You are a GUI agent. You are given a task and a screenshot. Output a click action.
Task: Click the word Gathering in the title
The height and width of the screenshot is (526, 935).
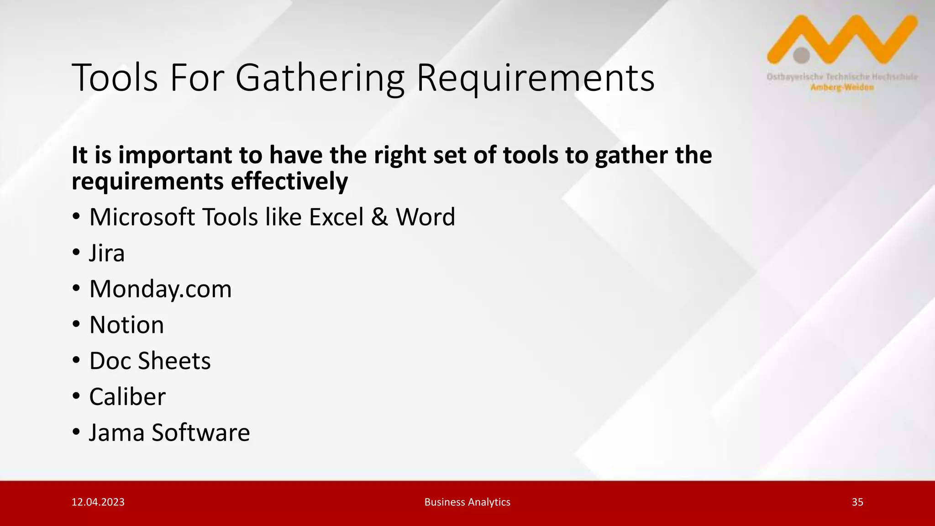coord(320,79)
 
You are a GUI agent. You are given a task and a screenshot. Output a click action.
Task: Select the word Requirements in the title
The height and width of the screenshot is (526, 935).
coord(535,79)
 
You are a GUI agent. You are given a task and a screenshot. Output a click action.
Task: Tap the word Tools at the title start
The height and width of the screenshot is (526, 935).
coord(115,79)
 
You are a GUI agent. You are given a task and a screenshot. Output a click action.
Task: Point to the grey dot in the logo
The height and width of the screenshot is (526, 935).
coord(801,55)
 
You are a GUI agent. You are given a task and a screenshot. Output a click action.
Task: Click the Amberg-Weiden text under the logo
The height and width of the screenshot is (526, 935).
coord(842,87)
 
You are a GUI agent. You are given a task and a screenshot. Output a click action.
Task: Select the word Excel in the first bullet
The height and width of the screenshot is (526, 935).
coord(336,217)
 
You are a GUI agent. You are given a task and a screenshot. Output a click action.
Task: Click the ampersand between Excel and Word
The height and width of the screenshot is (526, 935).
coord(379,217)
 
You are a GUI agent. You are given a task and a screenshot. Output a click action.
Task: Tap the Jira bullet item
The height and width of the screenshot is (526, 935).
coord(106,253)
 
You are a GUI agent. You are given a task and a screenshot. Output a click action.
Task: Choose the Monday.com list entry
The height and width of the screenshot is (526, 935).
coord(160,289)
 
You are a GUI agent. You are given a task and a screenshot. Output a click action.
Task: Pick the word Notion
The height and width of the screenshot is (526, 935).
coord(126,325)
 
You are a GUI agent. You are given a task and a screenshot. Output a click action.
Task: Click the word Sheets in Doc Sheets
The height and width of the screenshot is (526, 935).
coord(174,361)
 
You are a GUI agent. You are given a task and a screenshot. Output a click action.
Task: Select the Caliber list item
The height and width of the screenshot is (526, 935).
coord(127,397)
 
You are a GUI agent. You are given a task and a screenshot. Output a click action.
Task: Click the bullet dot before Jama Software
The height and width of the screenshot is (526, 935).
coord(76,432)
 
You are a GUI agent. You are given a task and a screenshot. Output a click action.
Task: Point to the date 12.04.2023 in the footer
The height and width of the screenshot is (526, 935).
coord(98,502)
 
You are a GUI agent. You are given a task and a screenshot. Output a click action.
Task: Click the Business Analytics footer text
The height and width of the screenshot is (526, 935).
coord(467,502)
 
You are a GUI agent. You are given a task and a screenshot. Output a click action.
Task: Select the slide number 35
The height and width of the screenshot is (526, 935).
coord(857,502)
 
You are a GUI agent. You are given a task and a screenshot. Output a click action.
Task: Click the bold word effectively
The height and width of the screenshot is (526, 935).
coord(289,182)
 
